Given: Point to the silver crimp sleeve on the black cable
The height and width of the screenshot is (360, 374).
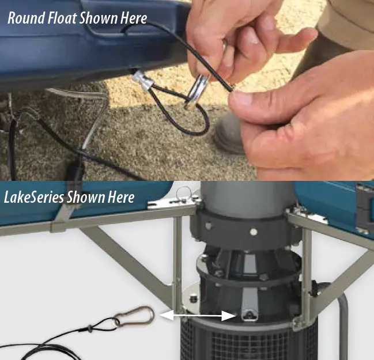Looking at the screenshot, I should click(x=143, y=81).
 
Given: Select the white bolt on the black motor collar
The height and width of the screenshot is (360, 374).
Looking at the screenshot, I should click(x=251, y=232).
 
